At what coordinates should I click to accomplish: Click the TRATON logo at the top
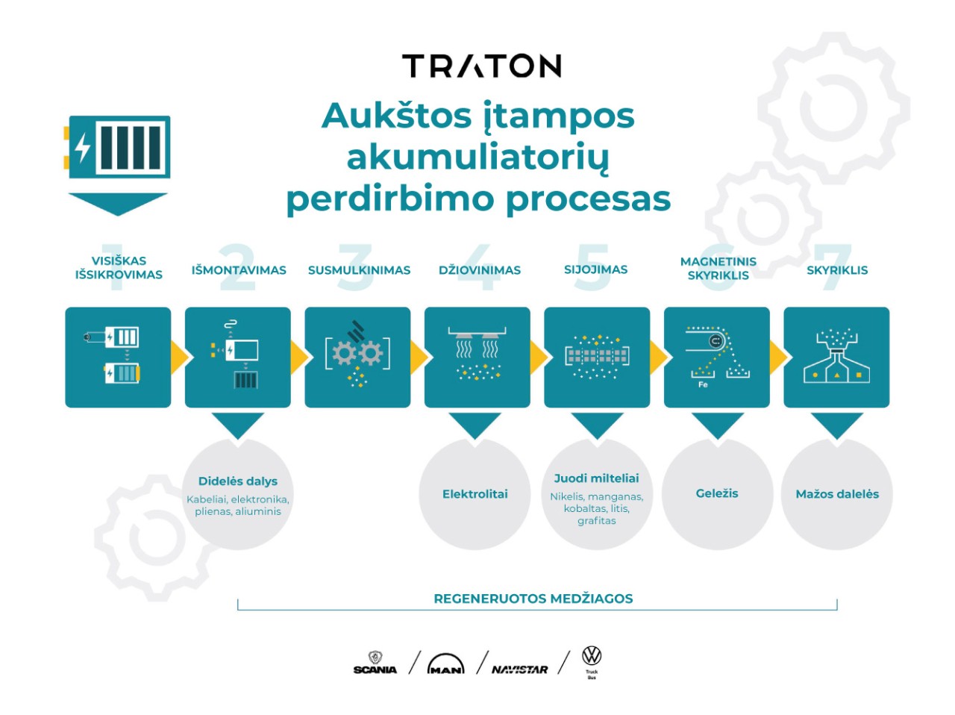481,66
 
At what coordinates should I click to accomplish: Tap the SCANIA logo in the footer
375,663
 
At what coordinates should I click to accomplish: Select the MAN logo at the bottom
445,664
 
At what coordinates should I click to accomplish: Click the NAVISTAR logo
519,669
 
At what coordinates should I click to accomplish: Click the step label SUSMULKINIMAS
359,270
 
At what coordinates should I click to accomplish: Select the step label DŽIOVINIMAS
480,270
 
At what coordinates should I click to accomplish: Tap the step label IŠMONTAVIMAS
239,270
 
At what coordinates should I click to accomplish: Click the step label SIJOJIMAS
595,270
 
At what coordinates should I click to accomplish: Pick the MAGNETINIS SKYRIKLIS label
718,269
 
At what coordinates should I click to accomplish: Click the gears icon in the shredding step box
357,352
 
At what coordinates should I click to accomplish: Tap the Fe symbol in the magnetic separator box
703,384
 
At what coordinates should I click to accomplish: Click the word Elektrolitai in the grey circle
475,494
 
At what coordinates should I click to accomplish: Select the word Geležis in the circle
716,493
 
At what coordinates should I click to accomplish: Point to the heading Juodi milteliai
596,478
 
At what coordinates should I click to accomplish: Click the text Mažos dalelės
837,494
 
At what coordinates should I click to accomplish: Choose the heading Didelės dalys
237,481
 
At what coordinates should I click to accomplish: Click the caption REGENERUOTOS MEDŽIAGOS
533,599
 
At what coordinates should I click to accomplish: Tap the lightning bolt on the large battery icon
82,148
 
